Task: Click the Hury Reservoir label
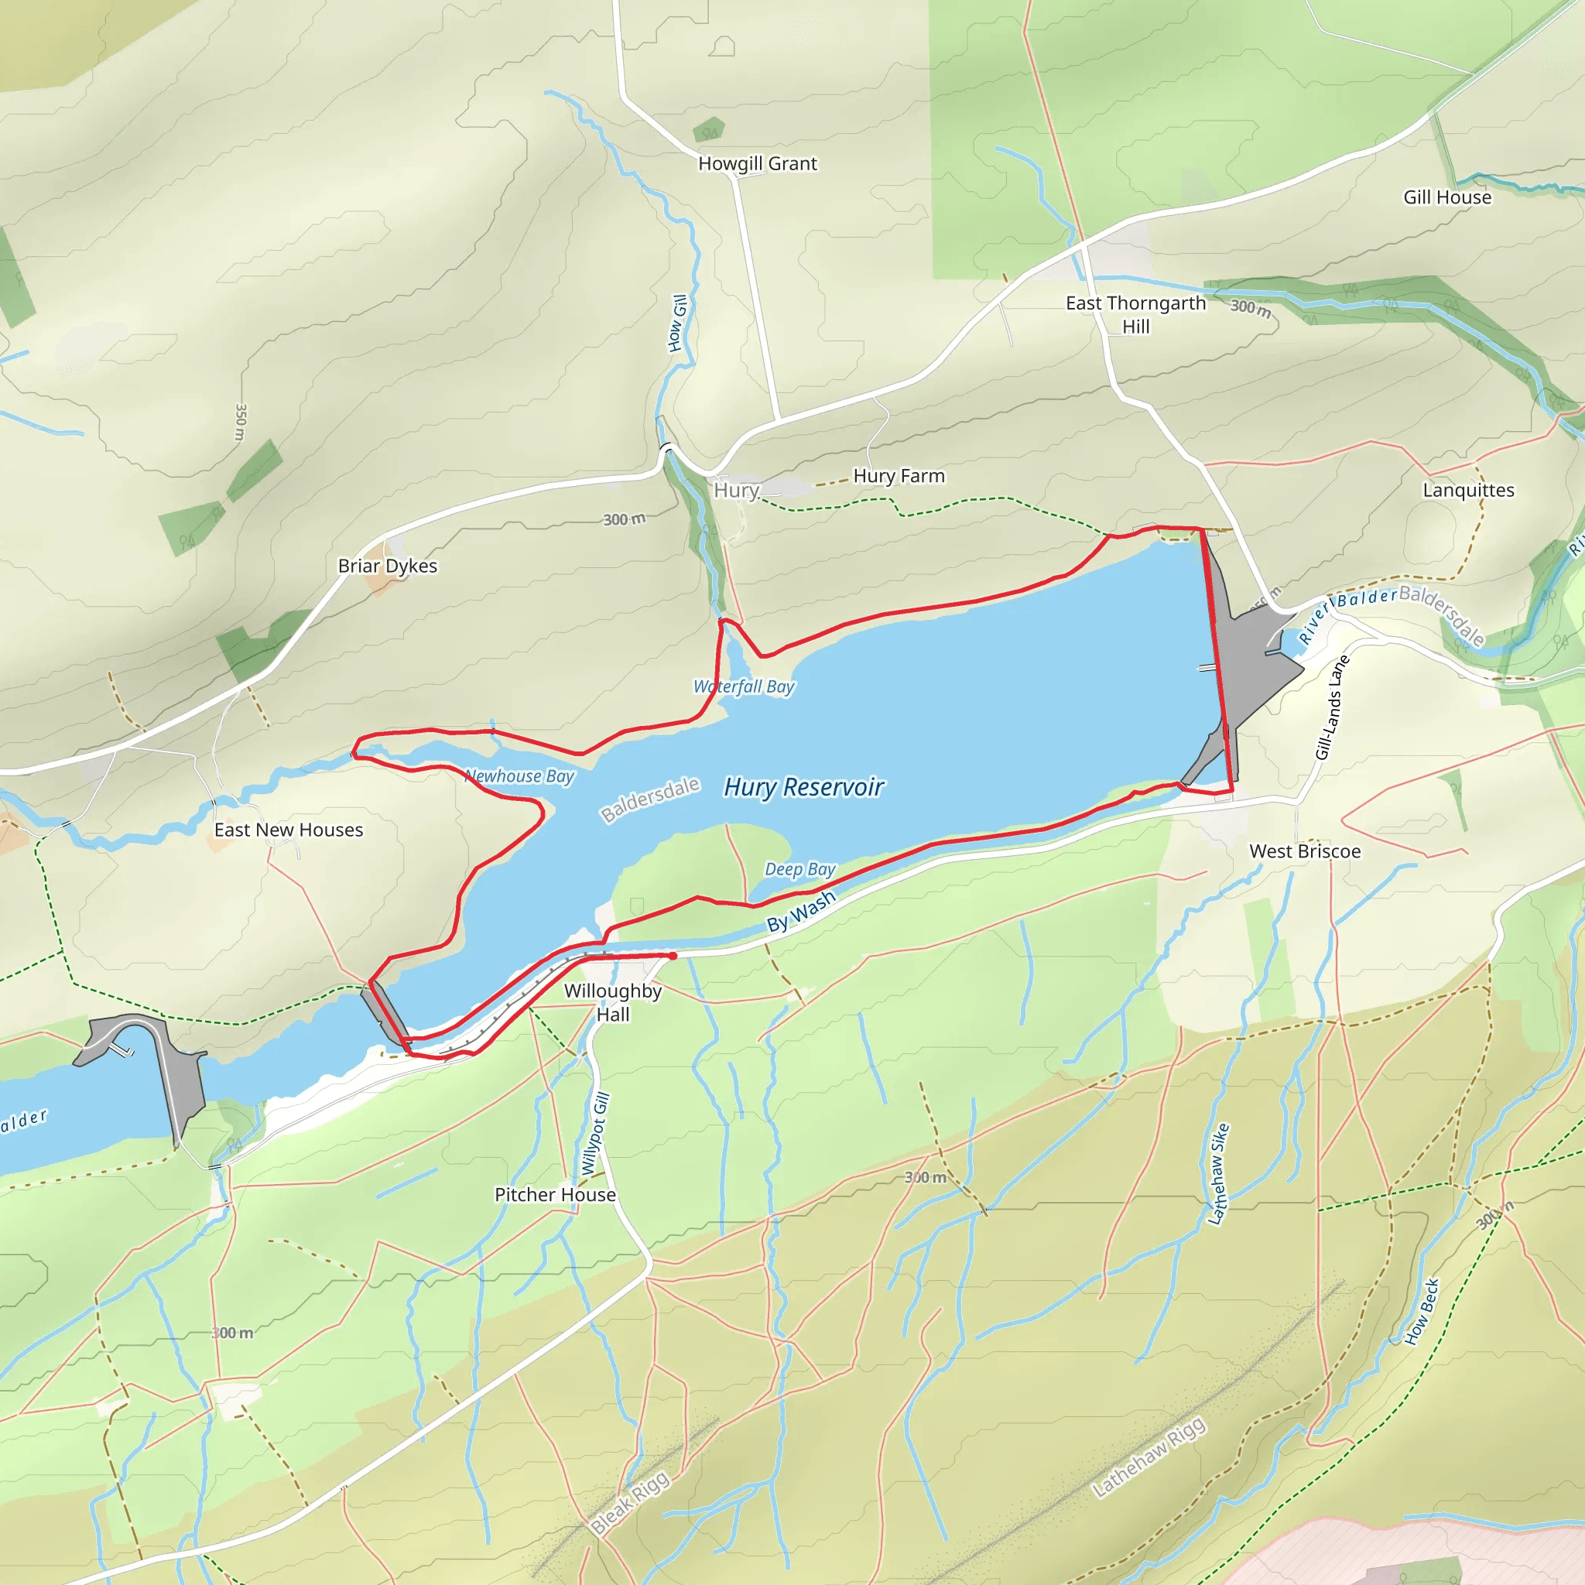pos(803,788)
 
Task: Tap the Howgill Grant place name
pos(757,164)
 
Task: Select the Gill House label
pos(1447,197)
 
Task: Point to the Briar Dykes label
pos(387,566)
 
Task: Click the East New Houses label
pos(289,830)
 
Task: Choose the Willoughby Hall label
pos(613,1002)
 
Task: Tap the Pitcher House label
pos(555,1195)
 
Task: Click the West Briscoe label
pos(1304,851)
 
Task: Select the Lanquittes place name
pos(1468,491)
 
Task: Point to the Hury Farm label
pos(899,477)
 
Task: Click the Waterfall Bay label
pos(744,686)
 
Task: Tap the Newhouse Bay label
pos(519,776)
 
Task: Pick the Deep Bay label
pos(800,869)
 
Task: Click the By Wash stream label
pos(801,912)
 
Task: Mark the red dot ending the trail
pos(673,956)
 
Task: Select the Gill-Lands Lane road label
pos(1333,707)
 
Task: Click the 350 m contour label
pos(241,422)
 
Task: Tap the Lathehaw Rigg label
pos(1149,1457)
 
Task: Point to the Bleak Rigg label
pos(630,1503)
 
